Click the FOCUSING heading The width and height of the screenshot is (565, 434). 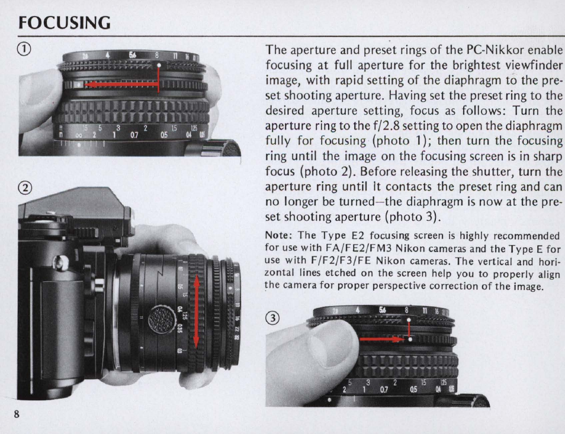pyautogui.click(x=65, y=22)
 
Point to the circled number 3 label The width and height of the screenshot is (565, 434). pyautogui.click(x=272, y=318)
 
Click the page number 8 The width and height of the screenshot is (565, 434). pyautogui.click(x=17, y=413)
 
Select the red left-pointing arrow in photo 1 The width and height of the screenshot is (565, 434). pyautogui.click(x=122, y=85)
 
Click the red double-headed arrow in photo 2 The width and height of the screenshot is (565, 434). pyautogui.click(x=197, y=311)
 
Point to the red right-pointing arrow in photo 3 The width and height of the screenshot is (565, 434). pyautogui.click(x=383, y=339)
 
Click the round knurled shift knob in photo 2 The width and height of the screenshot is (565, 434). pyautogui.click(x=162, y=319)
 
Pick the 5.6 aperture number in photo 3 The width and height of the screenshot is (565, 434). pyautogui.click(x=383, y=310)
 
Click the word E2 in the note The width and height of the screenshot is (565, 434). pyautogui.click(x=358, y=236)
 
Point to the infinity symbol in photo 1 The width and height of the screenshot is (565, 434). pyautogui.click(x=79, y=136)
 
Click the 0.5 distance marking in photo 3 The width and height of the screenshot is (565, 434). pyautogui.click(x=413, y=390)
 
